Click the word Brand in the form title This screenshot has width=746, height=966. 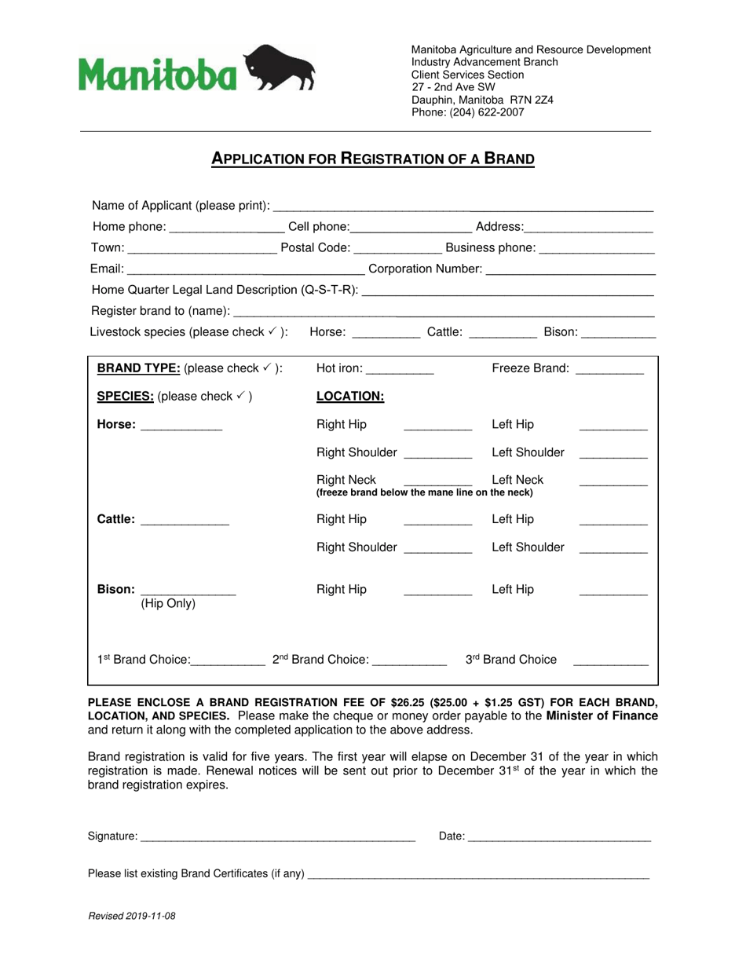[x=508, y=159]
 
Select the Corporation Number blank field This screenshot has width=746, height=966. [x=571, y=270]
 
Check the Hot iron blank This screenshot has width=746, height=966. [x=400, y=370]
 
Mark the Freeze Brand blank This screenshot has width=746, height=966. [x=609, y=370]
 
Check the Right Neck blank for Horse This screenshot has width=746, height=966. [x=437, y=481]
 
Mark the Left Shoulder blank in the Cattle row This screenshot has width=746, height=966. [x=613, y=549]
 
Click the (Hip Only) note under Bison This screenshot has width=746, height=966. [x=168, y=604]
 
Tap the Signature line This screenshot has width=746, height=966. [x=276, y=838]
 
